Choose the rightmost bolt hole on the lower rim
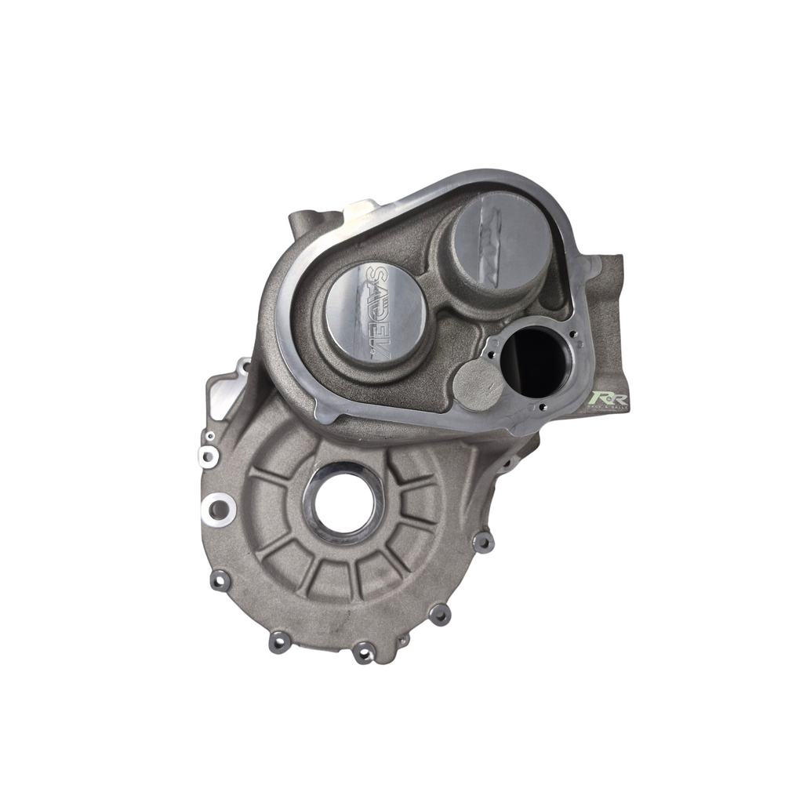pyautogui.click(x=485, y=541)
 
